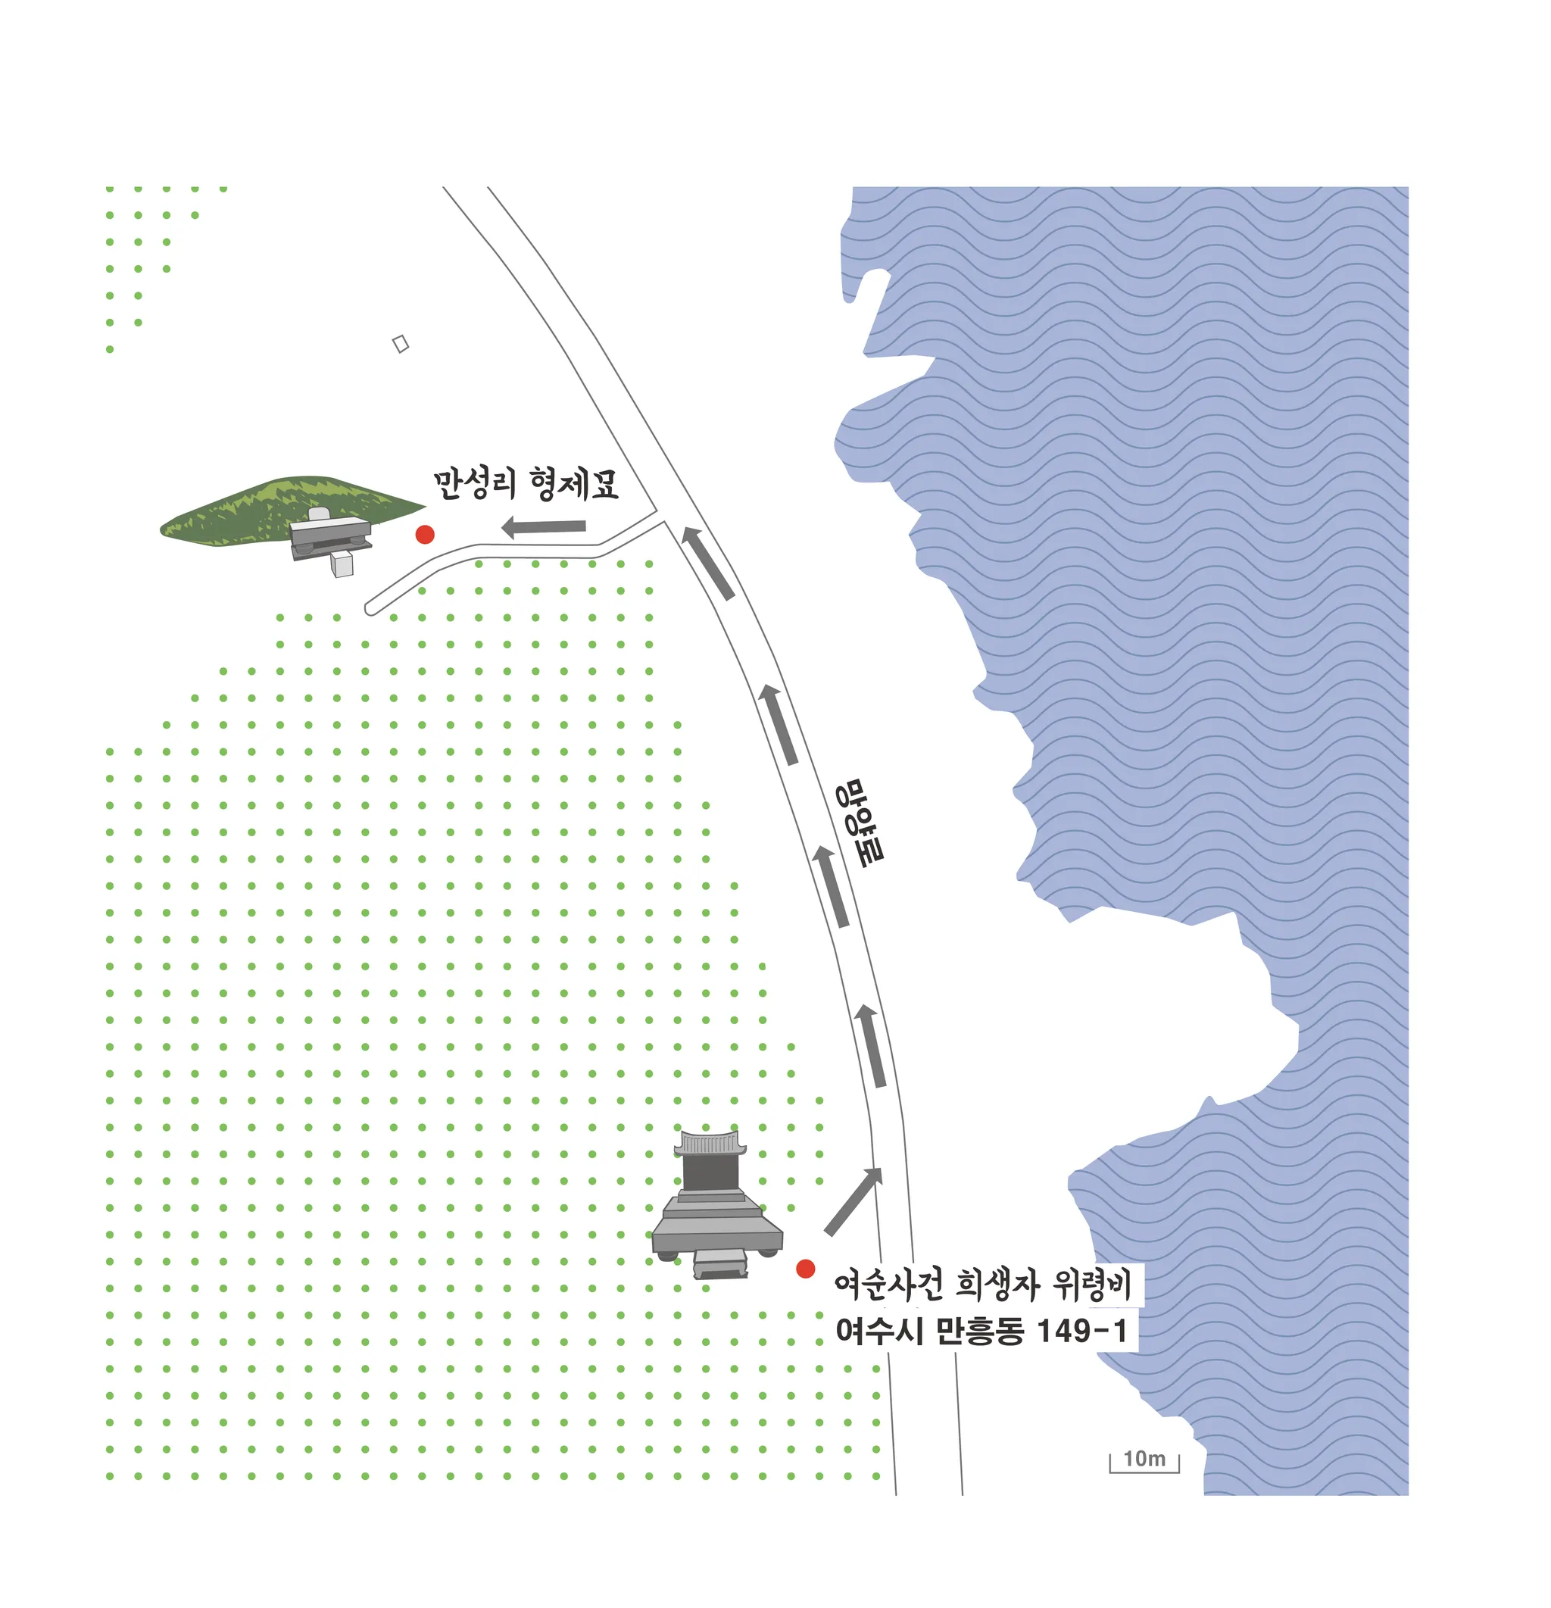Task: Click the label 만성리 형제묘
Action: click(x=525, y=484)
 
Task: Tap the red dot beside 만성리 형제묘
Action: click(x=425, y=535)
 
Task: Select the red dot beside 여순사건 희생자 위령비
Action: click(x=806, y=1269)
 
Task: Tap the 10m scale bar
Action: click(x=1144, y=1460)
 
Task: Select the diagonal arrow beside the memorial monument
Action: click(x=853, y=1201)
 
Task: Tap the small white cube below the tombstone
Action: click(x=342, y=564)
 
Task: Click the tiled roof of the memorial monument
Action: click(x=710, y=1143)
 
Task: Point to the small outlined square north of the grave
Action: click(x=401, y=344)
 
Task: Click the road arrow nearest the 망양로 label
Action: click(x=830, y=887)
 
